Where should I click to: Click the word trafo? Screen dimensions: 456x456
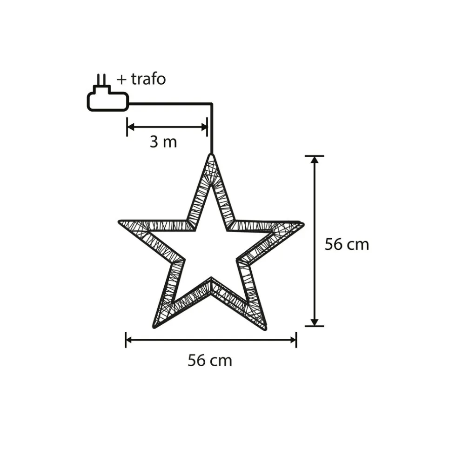[x=148, y=79]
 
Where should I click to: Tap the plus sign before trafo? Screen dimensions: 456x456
[x=122, y=80]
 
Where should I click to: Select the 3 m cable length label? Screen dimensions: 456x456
[x=163, y=142]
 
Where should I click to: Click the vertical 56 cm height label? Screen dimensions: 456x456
[x=347, y=244]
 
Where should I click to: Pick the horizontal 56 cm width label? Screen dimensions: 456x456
[x=210, y=360]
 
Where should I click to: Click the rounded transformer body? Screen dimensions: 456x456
[x=107, y=101]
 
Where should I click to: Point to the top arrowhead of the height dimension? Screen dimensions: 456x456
[x=315, y=160]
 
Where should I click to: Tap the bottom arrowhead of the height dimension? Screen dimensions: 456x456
[x=315, y=322]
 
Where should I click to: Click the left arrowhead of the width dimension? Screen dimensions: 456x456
[x=129, y=340]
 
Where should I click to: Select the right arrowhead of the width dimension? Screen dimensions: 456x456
[x=293, y=340]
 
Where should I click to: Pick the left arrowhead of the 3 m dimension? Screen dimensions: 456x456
[x=131, y=127]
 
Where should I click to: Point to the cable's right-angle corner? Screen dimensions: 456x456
[x=212, y=103]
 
